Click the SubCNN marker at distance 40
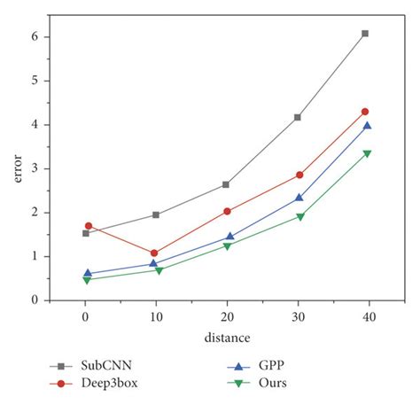365,34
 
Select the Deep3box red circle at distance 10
154,253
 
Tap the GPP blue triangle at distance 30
299,198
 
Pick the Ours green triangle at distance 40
367,153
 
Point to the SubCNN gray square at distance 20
226,184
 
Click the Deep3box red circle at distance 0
89,226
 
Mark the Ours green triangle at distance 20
227,245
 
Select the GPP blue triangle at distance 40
367,126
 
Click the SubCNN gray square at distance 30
298,117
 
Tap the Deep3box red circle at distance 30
299,175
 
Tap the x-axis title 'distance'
227,338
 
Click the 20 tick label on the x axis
227,316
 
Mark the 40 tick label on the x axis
369,316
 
